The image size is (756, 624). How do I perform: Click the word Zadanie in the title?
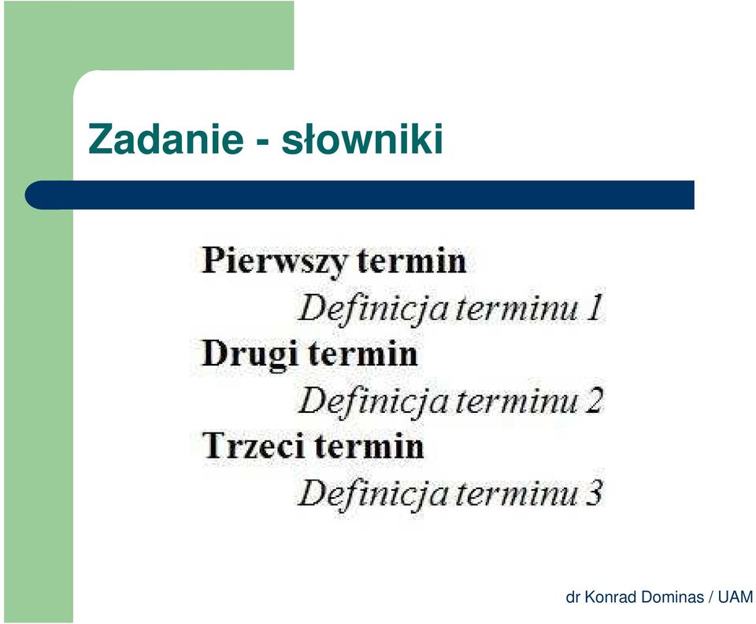tap(165, 139)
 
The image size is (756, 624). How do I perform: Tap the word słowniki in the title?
tap(362, 139)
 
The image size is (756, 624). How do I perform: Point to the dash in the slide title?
tap(262, 143)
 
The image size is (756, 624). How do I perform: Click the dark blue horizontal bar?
tap(360, 195)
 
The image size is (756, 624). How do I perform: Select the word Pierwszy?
tap(274, 262)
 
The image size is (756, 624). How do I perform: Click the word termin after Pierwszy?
tap(412, 261)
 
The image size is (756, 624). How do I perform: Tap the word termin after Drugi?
tap(362, 354)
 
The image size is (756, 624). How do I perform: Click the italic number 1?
tap(595, 307)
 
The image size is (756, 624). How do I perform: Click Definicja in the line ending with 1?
tap(373, 310)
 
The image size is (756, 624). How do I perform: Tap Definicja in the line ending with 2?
tap(373, 402)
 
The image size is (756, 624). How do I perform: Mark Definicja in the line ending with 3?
tap(373, 494)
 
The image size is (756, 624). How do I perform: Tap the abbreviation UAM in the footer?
tap(736, 597)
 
